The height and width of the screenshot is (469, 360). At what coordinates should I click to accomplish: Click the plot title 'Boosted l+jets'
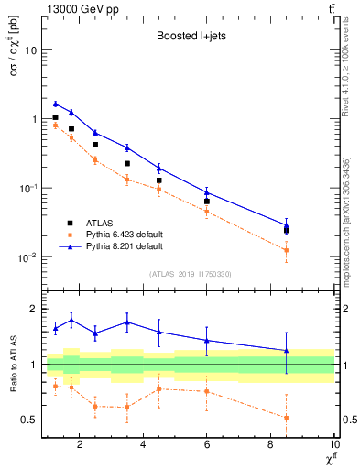point(191,37)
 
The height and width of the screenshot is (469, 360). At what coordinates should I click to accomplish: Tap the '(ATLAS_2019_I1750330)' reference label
point(191,274)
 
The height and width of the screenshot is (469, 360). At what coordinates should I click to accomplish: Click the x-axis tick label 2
point(81,445)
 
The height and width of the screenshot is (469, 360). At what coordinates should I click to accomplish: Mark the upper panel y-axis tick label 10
point(30,50)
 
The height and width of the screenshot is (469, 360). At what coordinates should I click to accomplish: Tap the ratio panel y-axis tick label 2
point(33,309)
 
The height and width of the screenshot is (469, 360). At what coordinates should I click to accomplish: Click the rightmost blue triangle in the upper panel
point(287,225)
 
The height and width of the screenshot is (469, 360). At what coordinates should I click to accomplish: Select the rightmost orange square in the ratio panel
point(287,418)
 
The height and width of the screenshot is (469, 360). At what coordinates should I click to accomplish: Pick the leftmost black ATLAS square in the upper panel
point(55,117)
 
